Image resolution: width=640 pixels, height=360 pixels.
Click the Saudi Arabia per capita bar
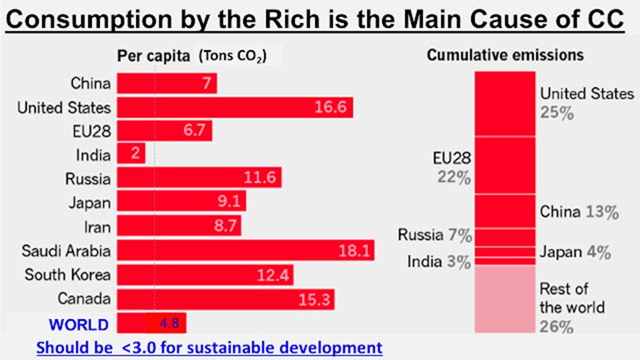coord(245,250)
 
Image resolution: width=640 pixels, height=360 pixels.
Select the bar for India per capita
coord(131,153)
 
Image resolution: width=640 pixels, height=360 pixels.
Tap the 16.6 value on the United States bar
coord(330,107)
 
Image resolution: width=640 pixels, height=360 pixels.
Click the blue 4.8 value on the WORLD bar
coord(169,323)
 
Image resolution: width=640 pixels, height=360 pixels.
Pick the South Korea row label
coord(67,274)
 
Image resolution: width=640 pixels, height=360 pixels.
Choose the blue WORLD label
coord(78,324)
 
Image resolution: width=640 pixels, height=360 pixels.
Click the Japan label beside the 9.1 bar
coord(89,202)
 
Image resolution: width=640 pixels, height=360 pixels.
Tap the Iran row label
coord(97,226)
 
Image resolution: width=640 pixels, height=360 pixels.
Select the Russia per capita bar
coord(199,178)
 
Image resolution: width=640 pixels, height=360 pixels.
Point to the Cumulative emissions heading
coord(505,55)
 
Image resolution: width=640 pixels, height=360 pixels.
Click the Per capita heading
coord(153,56)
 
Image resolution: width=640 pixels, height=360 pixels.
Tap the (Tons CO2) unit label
coord(232,56)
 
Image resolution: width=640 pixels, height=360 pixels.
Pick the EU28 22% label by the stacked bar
coord(451,167)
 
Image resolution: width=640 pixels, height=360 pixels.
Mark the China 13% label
coord(579,212)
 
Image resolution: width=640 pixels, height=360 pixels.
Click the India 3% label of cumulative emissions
coord(438,261)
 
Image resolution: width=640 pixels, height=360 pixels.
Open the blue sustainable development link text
coord(209,347)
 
